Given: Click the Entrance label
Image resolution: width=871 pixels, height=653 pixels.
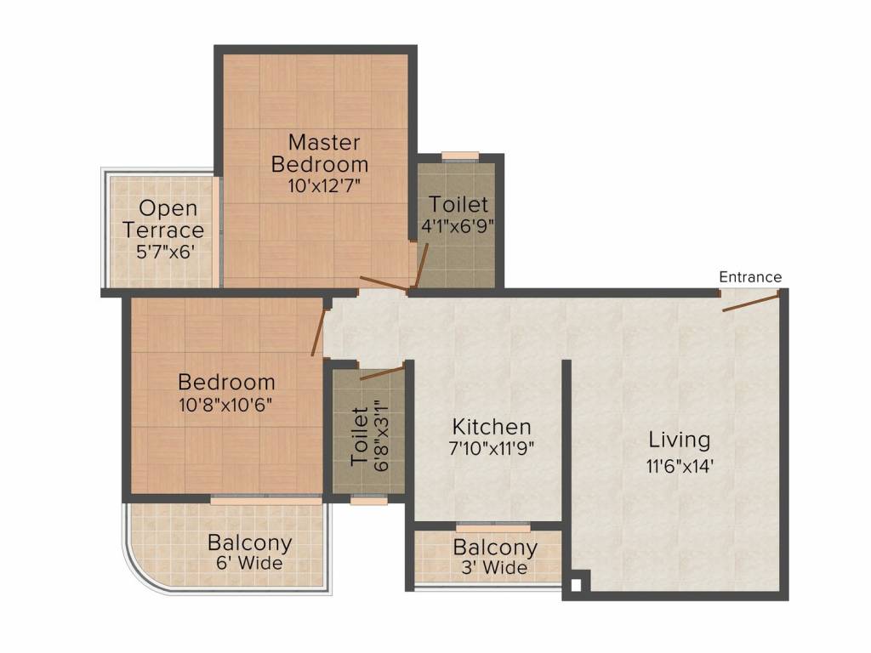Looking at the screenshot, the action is (750, 277).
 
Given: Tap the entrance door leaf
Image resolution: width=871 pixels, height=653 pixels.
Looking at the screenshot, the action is (750, 303).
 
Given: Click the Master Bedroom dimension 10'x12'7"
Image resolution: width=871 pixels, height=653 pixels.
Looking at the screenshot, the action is (324, 185).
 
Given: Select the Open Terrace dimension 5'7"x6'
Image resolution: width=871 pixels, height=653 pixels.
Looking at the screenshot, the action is (165, 252).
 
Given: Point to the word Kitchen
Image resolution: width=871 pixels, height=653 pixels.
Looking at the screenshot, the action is (492, 427).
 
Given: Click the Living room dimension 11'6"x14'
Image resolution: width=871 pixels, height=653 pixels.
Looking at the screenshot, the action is (679, 466).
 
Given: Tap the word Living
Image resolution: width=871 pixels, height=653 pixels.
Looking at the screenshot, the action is (680, 440).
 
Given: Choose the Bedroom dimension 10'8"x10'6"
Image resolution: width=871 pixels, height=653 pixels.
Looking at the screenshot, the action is (225, 405).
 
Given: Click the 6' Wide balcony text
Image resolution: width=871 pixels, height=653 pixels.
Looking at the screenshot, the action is (249, 563).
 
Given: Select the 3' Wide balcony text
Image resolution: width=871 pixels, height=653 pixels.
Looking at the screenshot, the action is (494, 567).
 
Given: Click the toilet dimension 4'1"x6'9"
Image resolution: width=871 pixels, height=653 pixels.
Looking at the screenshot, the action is (458, 226).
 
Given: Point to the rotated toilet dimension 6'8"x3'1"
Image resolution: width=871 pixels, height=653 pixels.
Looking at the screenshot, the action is (381, 436).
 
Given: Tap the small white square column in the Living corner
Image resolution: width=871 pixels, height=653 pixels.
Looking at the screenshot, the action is (576, 585).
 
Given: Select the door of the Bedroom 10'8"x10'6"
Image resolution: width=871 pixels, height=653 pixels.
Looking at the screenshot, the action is (317, 332).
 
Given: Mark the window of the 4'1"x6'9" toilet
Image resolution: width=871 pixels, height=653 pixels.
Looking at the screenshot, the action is (460, 156).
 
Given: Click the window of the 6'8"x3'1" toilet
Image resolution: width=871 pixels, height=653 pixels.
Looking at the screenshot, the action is (369, 500).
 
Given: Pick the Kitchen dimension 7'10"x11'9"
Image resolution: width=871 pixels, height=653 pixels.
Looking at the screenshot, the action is (492, 448).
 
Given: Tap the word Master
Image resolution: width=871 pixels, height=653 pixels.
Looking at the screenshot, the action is (324, 142).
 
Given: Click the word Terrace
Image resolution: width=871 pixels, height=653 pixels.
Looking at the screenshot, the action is (163, 230).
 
